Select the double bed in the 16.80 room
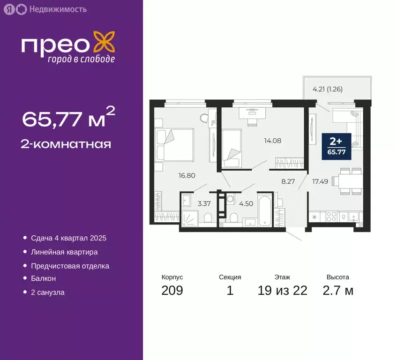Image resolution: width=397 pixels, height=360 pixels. (x=174, y=144)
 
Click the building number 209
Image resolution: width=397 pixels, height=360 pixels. (x=172, y=291)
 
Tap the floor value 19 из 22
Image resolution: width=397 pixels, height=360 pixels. (x=282, y=291)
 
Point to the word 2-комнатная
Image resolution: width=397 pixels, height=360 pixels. (x=66, y=144)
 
